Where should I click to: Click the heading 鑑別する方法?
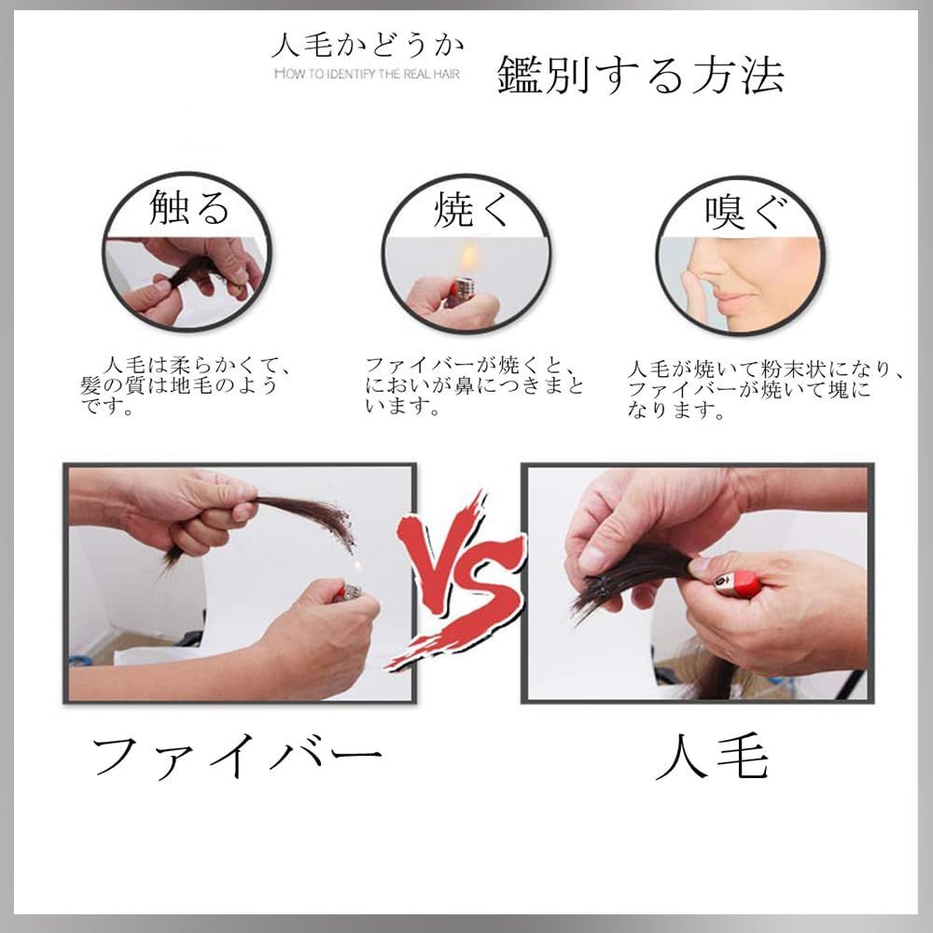pos(640,75)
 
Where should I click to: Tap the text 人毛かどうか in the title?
pos(367,46)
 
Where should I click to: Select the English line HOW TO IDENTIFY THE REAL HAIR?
pos(367,74)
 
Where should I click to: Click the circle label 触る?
pos(188,208)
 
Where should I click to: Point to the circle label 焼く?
pos(470,209)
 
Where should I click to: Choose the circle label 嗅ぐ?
pos(746,211)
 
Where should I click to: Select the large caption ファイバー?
pos(237,757)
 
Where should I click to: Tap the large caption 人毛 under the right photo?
pos(712,757)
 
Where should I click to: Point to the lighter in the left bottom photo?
pos(347,591)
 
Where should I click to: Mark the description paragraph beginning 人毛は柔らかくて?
pos(186,385)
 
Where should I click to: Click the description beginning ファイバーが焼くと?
pos(474,385)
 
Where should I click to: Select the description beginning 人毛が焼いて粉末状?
pos(766,390)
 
